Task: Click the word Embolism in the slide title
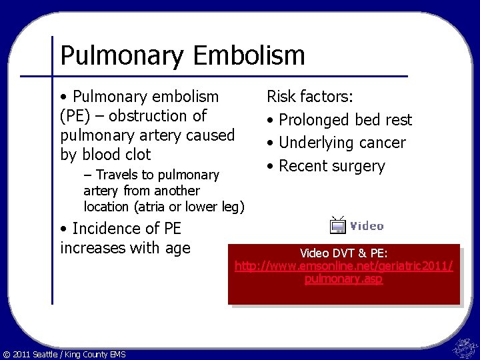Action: tap(249, 55)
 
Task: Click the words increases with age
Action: tap(125, 248)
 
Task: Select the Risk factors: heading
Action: tap(310, 97)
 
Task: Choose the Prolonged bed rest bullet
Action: tap(345, 120)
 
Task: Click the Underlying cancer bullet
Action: tap(341, 143)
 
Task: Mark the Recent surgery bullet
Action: tap(331, 166)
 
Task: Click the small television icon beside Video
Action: tap(338, 225)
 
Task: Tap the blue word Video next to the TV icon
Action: tap(367, 226)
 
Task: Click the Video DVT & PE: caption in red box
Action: tap(343, 253)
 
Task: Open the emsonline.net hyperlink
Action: tap(343, 273)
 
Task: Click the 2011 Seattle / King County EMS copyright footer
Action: tap(64, 354)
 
